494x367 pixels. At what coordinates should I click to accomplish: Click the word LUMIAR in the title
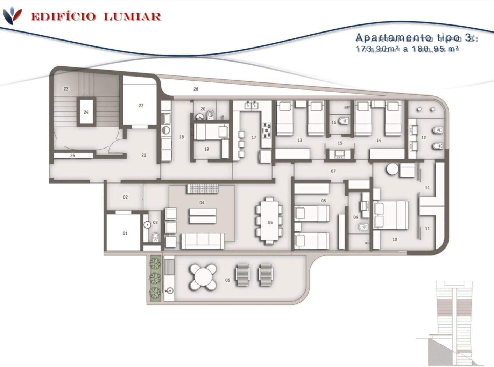coord(132,16)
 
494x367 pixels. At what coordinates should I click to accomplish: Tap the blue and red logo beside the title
coord(12,15)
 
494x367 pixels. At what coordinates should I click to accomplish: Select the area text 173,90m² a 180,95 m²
coord(407,49)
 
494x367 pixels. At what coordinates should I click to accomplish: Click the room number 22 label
coord(141,106)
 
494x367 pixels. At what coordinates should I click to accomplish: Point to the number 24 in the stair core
coord(86,112)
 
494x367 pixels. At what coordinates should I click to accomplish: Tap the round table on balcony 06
coord(203,277)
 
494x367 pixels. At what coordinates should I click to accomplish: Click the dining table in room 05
coord(270,221)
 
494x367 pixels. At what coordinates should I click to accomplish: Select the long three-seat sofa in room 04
coord(203,241)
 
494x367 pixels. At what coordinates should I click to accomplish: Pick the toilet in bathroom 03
coord(155,237)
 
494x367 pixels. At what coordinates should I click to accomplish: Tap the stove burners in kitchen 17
coord(267,130)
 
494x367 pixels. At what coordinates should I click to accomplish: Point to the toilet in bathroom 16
coord(344,121)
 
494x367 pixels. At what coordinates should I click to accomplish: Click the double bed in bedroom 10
coord(391,215)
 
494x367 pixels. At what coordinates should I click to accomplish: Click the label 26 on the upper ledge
coord(196,89)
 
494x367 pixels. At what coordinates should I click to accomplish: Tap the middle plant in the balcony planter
coord(155,278)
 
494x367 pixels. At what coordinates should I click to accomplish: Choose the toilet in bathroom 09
coord(363,227)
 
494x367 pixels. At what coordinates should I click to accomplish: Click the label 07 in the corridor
coord(333,171)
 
